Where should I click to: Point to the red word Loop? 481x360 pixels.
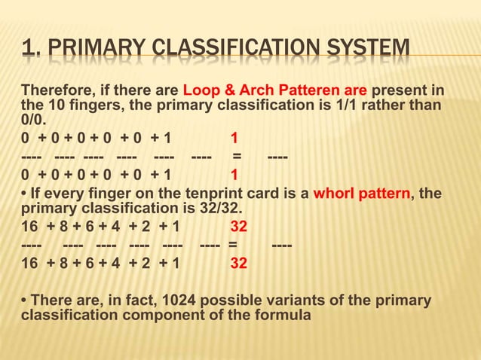click(x=200, y=92)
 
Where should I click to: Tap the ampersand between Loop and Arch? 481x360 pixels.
click(x=225, y=92)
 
